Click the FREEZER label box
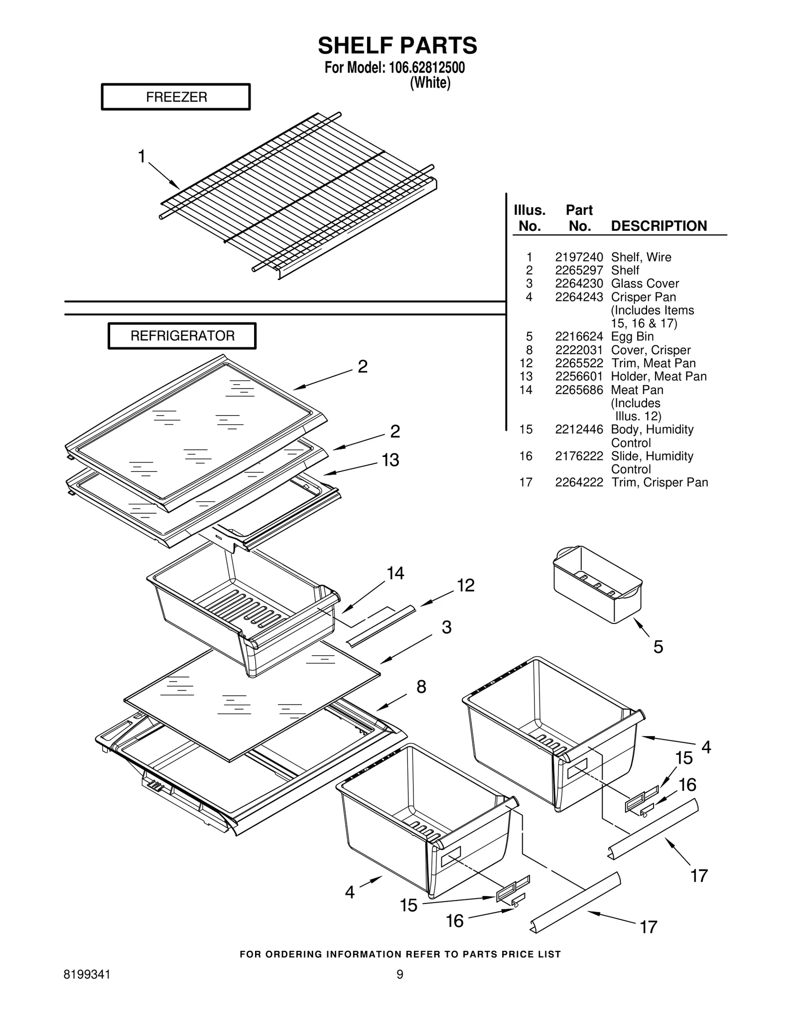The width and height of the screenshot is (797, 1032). [176, 97]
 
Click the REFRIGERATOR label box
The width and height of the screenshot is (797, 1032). [182, 336]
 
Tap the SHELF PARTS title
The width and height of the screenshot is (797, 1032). [398, 45]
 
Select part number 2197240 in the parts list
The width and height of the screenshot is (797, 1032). [579, 257]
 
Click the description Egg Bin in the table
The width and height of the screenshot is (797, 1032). [632, 336]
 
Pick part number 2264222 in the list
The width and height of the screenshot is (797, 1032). [579, 482]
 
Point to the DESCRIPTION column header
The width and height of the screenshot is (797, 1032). [659, 226]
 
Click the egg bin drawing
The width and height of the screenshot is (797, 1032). [598, 584]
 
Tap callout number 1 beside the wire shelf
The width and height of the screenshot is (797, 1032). [142, 156]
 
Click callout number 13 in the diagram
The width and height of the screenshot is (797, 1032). [391, 460]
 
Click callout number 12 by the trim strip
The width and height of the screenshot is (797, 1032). [466, 585]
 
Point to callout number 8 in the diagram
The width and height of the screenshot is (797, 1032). [421, 687]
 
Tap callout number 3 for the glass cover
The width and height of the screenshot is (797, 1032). [446, 627]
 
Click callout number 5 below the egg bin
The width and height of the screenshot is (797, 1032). [658, 647]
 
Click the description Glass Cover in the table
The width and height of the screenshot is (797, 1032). [645, 284]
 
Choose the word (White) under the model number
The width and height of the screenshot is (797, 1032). [430, 83]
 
